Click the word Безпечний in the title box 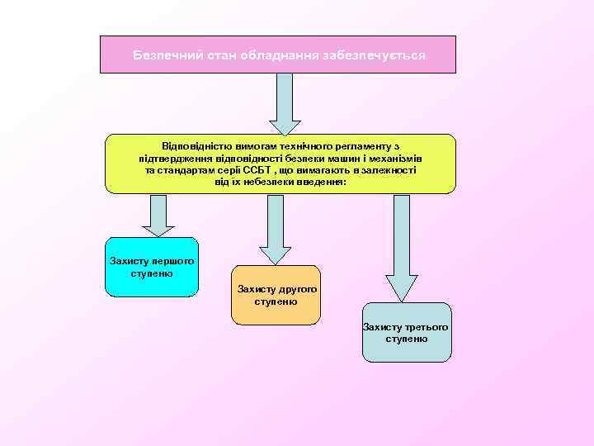coord(163,55)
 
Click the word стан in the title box coord(207,55)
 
